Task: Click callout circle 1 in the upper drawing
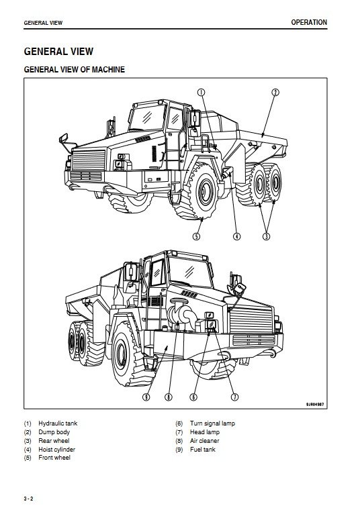click(201, 93)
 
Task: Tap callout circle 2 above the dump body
click(275, 93)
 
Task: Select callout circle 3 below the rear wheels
click(266, 236)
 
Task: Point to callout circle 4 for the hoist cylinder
click(236, 236)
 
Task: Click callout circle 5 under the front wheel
click(196, 236)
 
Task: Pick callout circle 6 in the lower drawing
click(193, 397)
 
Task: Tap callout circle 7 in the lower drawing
click(234, 397)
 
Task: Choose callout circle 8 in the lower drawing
click(169, 397)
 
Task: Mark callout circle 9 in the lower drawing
click(146, 397)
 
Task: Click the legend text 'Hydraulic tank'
click(58, 423)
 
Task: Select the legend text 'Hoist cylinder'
click(56, 449)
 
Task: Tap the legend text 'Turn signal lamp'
click(212, 423)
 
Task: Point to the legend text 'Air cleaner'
click(204, 441)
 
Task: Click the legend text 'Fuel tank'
click(202, 449)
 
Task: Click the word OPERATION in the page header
click(309, 22)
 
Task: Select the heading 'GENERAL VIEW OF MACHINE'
click(75, 69)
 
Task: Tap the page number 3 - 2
click(29, 499)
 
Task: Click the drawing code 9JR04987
click(315, 405)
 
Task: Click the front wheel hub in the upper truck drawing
click(206, 191)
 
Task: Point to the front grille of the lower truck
click(251, 319)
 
